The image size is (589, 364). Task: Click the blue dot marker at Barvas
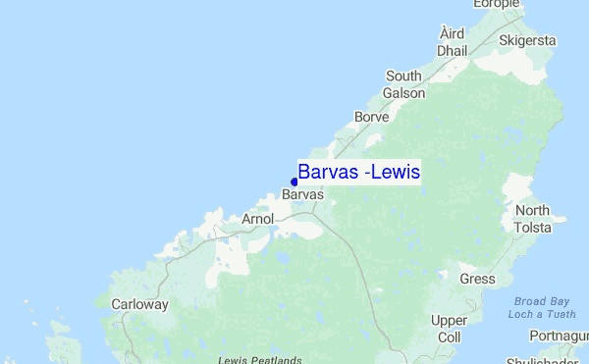tap(294, 182)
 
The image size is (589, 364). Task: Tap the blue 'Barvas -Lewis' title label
tap(359, 173)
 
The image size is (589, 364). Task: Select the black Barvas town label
tap(302, 195)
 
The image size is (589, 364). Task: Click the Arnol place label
tap(256, 219)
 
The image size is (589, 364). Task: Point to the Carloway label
tap(139, 304)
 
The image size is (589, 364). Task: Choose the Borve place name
tap(372, 117)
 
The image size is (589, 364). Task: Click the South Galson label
tap(404, 84)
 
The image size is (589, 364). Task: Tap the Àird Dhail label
tap(452, 41)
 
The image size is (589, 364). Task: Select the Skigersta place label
tap(527, 41)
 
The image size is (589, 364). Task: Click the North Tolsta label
tap(533, 219)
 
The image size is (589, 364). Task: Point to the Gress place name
tap(477, 279)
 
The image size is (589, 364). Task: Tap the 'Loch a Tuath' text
tap(542, 314)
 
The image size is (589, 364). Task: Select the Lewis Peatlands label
tap(260, 360)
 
